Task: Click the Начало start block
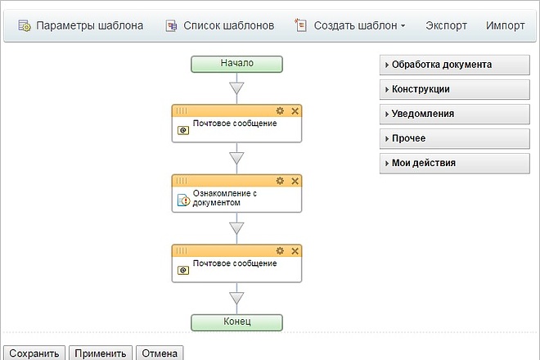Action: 236,64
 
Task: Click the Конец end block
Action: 236,322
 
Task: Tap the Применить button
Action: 101,353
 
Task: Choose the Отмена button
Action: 160,353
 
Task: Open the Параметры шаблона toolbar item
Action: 80,25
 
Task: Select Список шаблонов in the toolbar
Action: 220,25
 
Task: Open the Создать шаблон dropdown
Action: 350,25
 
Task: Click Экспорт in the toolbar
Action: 446,25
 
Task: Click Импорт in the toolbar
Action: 505,25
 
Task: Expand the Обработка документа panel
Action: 455,65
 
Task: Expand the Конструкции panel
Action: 455,89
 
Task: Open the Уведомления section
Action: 455,114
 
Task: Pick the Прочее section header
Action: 455,138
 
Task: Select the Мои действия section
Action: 455,163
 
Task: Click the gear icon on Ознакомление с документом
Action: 280,181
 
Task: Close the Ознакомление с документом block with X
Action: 295,181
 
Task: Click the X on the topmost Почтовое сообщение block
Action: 295,111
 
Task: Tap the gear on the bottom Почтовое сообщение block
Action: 280,251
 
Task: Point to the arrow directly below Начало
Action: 236,88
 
